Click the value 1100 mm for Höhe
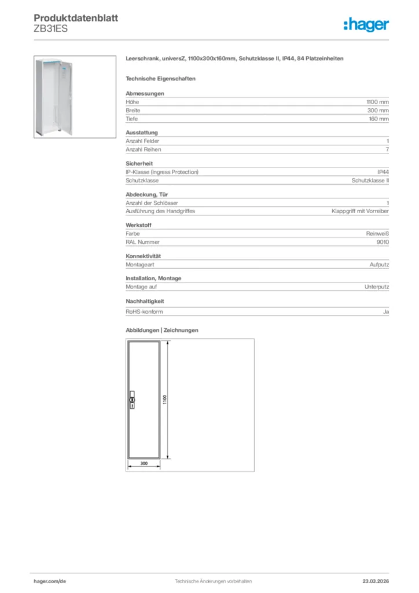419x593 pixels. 378,102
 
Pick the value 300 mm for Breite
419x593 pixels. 379,110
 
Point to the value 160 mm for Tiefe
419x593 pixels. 379,119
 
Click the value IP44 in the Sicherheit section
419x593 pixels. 383,172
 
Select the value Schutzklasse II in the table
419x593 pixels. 370,180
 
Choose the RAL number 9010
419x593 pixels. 382,242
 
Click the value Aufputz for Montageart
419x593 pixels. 379,265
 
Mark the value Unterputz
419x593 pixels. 376,287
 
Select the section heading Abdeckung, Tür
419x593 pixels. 147,195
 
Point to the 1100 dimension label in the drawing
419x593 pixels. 165,400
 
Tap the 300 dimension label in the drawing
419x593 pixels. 144,463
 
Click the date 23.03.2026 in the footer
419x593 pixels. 375,581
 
